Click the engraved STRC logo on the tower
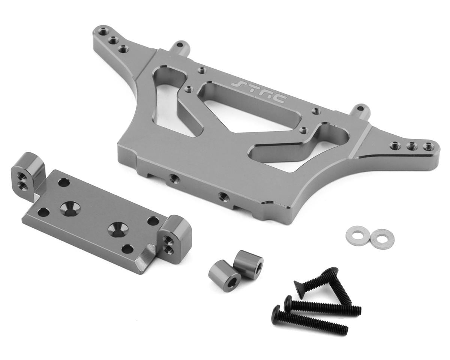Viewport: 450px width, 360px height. (258, 90)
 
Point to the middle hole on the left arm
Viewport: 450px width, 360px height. (112, 40)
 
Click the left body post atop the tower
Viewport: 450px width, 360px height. (177, 47)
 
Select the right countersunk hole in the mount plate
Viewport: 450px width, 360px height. (117, 229)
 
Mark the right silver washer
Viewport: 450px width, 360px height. (380, 236)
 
